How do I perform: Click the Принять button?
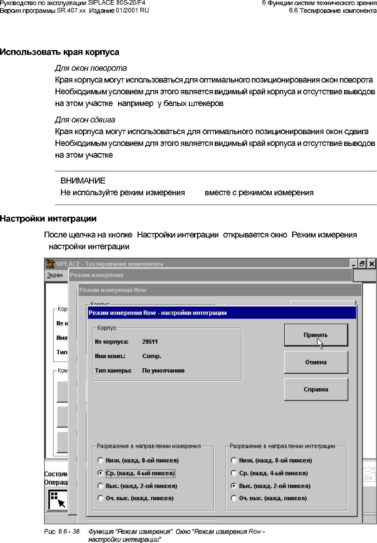coord(316,335)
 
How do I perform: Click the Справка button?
coord(316,389)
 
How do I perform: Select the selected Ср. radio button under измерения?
coord(101,473)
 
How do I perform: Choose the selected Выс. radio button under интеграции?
coord(234,486)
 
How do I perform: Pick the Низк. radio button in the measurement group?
coord(101,460)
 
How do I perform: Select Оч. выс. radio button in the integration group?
coord(234,498)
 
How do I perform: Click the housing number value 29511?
coord(150,342)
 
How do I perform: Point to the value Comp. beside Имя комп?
coord(152,356)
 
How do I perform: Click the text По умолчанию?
coord(163,370)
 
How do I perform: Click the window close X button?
coord(372,264)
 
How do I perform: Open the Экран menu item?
coord(55,275)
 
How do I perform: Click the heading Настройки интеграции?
coord(48,219)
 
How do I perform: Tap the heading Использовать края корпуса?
coord(59,52)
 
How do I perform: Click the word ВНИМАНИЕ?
coord(83,181)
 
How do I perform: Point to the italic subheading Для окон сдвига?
coord(85,120)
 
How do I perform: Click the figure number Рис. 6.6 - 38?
coord(62,531)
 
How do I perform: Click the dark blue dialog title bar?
coord(222,313)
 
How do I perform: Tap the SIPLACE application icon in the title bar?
coord(50,264)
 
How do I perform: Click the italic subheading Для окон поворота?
coord(91,68)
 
